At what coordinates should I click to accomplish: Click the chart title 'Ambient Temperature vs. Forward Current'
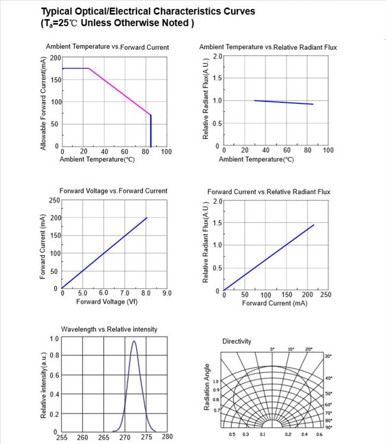pyautogui.click(x=107, y=47)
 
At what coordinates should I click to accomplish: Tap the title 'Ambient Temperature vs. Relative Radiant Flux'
pyautogui.click(x=268, y=47)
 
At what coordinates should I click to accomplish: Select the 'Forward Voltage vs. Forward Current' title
pyautogui.click(x=113, y=191)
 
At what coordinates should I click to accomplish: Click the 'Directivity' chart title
pyautogui.click(x=236, y=341)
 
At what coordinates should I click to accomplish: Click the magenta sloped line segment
pyautogui.click(x=119, y=91)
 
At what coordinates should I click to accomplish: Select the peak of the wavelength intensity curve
pyautogui.click(x=134, y=341)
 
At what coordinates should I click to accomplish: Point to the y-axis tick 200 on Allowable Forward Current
pyautogui.click(x=55, y=58)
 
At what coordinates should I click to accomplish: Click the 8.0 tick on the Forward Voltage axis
pyautogui.click(x=145, y=293)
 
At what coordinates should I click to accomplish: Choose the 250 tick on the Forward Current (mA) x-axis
pyautogui.click(x=325, y=295)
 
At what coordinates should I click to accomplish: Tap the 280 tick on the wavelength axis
pyautogui.click(x=167, y=437)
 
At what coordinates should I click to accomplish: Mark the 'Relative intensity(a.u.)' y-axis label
pyautogui.click(x=44, y=384)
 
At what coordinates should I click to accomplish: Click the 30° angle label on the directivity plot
pyautogui.click(x=328, y=356)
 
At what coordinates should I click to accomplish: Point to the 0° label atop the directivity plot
pyautogui.click(x=273, y=350)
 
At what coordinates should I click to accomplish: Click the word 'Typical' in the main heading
pyautogui.click(x=58, y=11)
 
